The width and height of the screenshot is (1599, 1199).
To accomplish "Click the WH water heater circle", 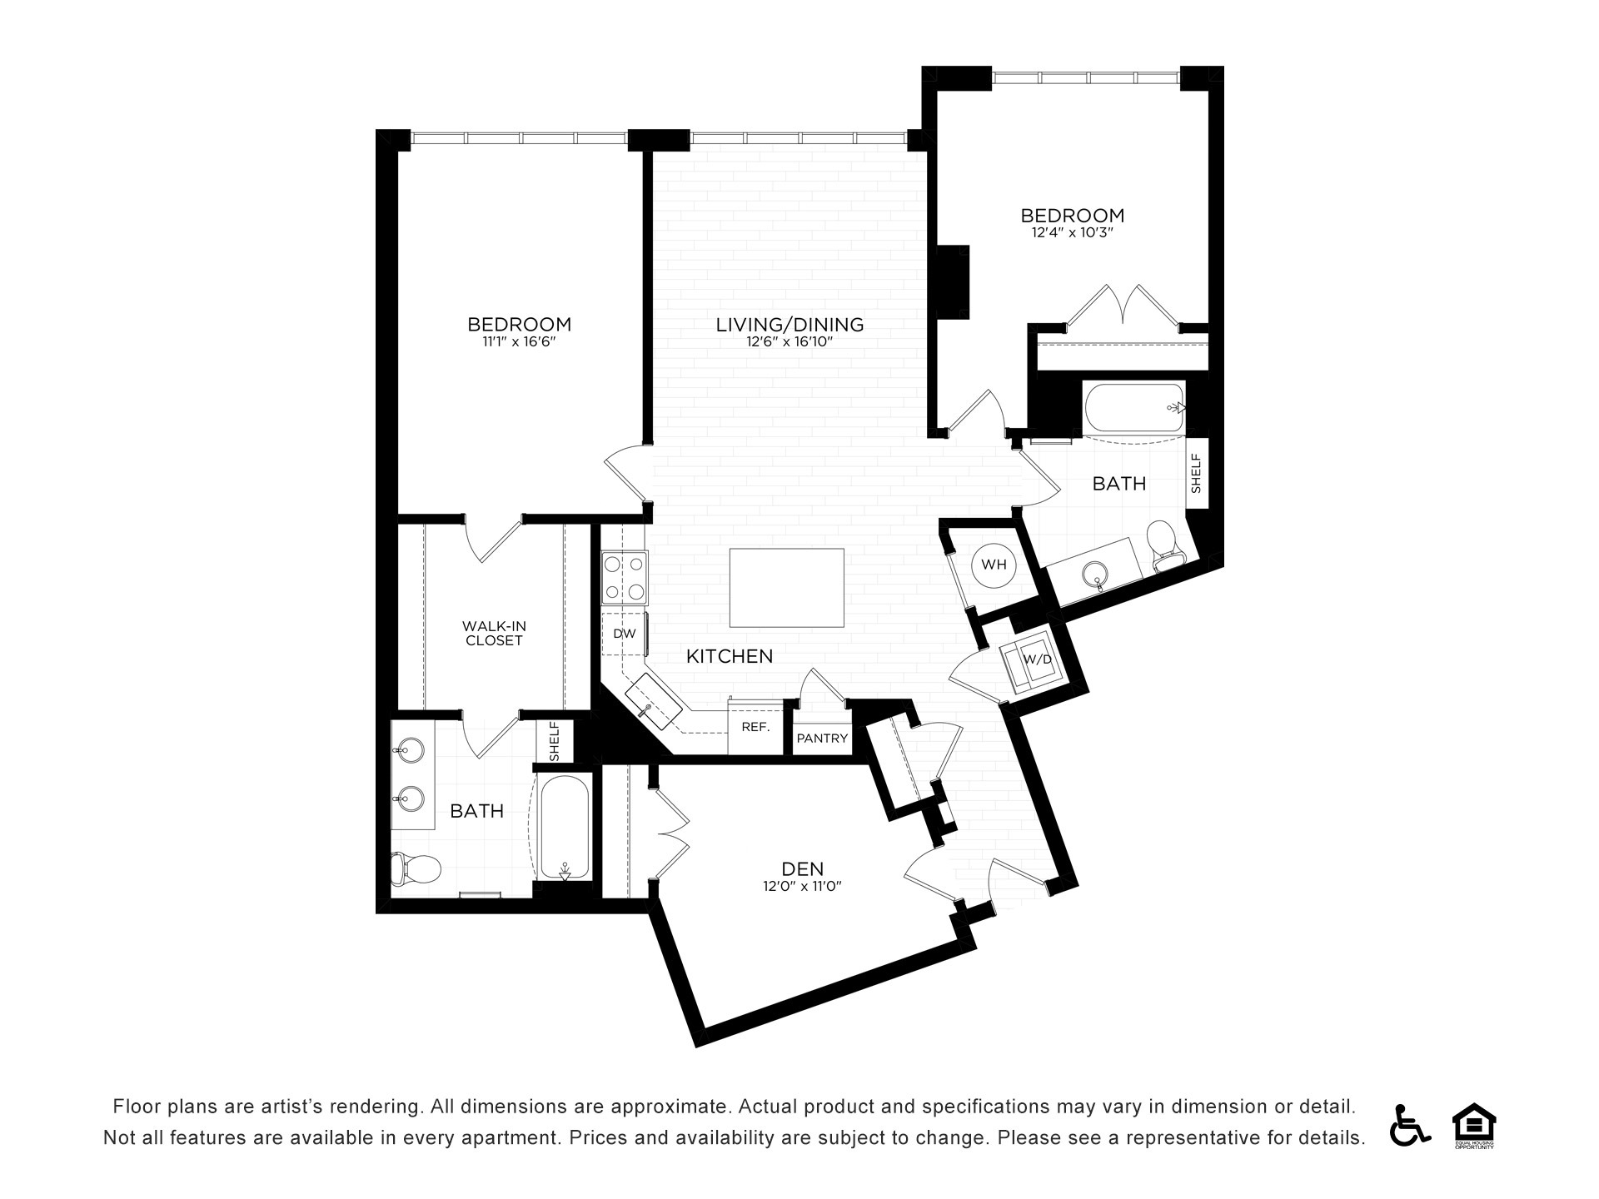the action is point(994,565).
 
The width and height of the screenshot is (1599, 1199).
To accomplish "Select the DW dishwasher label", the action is point(625,634).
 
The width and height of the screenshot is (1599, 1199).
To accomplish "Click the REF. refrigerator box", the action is point(755,727).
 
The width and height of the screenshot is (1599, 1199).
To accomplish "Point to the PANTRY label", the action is point(822,739).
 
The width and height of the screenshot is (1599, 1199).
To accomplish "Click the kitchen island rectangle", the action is point(787,587).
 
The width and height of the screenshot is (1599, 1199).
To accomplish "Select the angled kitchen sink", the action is point(654,700).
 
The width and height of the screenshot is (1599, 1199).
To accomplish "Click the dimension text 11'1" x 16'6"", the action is point(518,341).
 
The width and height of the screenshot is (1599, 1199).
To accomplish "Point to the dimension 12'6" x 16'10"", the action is point(790,341).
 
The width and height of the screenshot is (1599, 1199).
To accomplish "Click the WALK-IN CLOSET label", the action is point(494,634).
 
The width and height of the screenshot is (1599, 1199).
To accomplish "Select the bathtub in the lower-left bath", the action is point(565,826).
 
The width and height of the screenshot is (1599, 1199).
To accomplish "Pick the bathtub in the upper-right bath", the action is point(1135,407).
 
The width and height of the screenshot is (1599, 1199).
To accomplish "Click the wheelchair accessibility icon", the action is point(1410,1125).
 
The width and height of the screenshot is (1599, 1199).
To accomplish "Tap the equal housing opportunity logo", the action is point(1474,1126).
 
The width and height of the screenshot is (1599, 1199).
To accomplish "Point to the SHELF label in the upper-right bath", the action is point(1197,473).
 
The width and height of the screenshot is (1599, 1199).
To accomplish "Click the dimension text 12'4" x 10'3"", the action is point(1073,233).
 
